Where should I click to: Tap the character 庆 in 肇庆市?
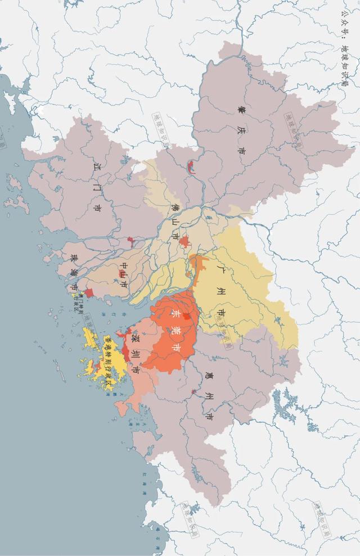pos(242,130)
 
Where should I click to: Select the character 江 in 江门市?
pos(100,167)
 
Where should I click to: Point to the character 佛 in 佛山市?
pos(174,206)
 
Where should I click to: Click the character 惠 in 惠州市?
pos(209,377)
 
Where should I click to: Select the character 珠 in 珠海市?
pos(74,258)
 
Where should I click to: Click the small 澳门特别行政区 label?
pos(80,300)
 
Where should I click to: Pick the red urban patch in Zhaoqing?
pos(191,166)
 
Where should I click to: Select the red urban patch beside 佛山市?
pos(184,242)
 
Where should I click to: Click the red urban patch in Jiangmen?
pos(131,242)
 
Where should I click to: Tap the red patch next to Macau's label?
pos(88,293)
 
